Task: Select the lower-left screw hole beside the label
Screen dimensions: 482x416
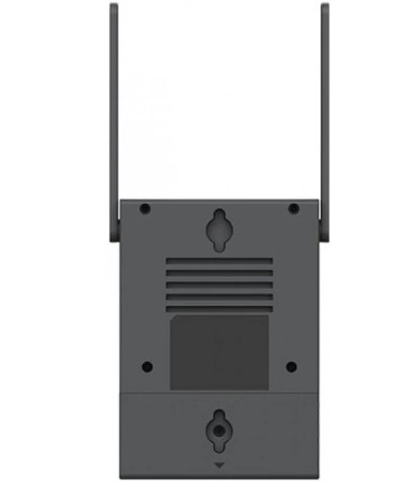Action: click(146, 366)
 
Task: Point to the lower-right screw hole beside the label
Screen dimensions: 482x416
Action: click(292, 366)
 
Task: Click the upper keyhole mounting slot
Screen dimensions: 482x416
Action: click(219, 227)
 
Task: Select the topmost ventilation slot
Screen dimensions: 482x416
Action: click(219, 262)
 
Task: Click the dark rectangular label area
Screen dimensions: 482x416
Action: click(219, 352)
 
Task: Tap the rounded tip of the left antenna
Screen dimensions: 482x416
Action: click(113, 7)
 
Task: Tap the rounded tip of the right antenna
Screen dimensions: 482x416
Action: click(325, 7)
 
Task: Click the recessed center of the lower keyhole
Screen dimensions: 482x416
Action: click(219, 430)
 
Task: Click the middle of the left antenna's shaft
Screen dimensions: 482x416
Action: click(113, 120)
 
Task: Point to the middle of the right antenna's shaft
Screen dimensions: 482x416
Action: click(325, 120)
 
